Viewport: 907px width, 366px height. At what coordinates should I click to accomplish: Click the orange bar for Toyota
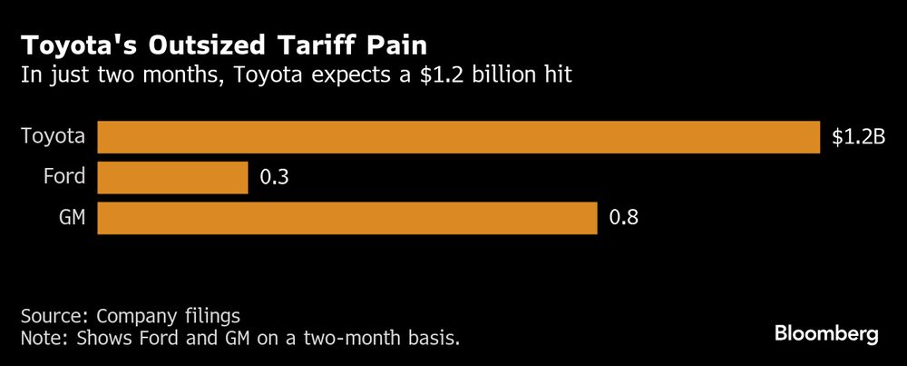(458, 137)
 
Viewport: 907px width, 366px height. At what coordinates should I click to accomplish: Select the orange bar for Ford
(172, 178)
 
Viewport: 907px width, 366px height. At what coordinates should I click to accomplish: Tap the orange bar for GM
(346, 219)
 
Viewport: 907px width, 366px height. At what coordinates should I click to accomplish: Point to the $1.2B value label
(857, 138)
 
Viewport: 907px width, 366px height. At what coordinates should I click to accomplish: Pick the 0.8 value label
(623, 219)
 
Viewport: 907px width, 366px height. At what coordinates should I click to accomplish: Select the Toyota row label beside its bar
(54, 137)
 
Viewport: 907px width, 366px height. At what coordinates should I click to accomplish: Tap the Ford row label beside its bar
(63, 178)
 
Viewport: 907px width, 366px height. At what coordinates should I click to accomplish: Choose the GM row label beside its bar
(70, 219)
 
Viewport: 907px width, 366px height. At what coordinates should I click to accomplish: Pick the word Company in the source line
(134, 317)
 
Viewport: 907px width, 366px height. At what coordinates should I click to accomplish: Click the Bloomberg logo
(826, 335)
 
